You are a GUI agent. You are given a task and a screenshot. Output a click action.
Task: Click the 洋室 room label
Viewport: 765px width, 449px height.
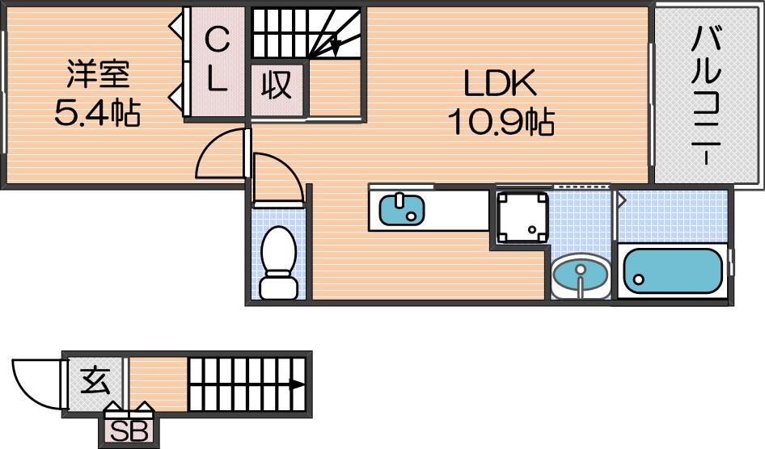[x=98, y=74]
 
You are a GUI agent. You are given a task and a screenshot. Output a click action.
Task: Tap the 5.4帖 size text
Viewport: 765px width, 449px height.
[x=98, y=112]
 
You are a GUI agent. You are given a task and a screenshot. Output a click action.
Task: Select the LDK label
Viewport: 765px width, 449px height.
[x=500, y=83]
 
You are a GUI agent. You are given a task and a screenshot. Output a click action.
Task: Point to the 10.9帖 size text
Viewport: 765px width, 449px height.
[x=501, y=121]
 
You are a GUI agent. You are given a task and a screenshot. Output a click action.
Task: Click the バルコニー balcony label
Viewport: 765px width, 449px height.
[x=706, y=95]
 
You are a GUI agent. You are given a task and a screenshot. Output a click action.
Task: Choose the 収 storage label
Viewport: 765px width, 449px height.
[x=276, y=86]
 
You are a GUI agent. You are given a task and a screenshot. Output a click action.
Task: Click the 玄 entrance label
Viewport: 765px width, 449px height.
[x=95, y=380]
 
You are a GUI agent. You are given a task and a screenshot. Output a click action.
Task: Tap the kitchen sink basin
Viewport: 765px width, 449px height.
[x=402, y=210]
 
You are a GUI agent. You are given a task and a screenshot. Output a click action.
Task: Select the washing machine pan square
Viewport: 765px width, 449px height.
[x=522, y=217]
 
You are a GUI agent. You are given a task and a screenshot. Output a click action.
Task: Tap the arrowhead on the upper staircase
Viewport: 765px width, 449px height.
[x=335, y=47]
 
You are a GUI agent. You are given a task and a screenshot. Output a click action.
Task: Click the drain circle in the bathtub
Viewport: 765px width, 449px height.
[x=639, y=279]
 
